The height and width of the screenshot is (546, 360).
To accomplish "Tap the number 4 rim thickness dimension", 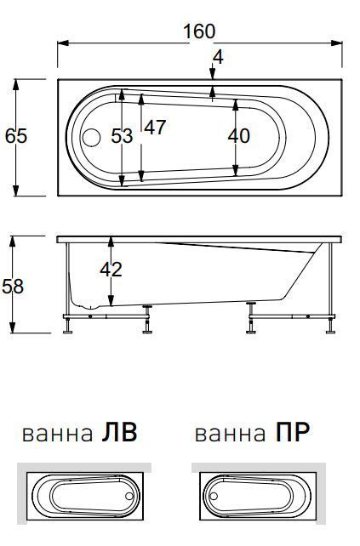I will (219, 58).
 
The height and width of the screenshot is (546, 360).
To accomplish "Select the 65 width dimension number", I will (16, 136).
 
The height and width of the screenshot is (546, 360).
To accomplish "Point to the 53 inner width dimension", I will (123, 136).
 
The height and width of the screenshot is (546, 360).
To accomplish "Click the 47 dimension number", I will (154, 128).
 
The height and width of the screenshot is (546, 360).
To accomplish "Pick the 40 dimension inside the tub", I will (239, 135).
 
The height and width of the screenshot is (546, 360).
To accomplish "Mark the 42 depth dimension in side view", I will (111, 270).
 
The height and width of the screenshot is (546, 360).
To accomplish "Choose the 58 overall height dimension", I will (13, 287).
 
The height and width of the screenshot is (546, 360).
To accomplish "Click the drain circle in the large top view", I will (92, 137).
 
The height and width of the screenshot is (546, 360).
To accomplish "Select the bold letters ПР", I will (292, 434).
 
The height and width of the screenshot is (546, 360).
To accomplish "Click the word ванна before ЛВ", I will (57, 435).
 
